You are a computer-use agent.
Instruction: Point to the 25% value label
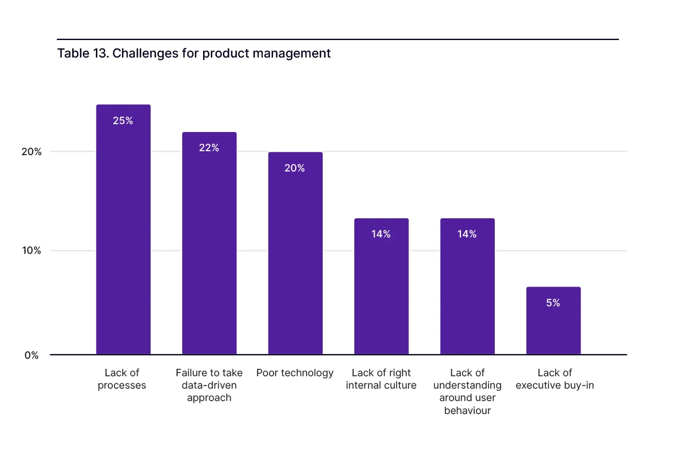(x=123, y=121)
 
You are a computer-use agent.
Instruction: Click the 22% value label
(x=209, y=148)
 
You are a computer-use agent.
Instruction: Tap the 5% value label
(x=553, y=303)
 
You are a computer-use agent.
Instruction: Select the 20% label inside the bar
(x=294, y=168)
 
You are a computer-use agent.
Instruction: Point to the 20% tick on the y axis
(x=32, y=152)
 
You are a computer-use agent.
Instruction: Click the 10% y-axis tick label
(x=32, y=250)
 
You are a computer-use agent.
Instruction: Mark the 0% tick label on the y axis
(x=32, y=355)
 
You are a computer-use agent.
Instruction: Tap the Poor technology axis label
(x=295, y=373)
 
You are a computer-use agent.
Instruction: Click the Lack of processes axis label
(x=122, y=379)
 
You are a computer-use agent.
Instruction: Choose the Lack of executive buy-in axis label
(x=555, y=379)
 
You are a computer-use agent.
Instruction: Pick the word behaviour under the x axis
(x=467, y=411)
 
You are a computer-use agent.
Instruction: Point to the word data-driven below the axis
(x=209, y=385)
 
